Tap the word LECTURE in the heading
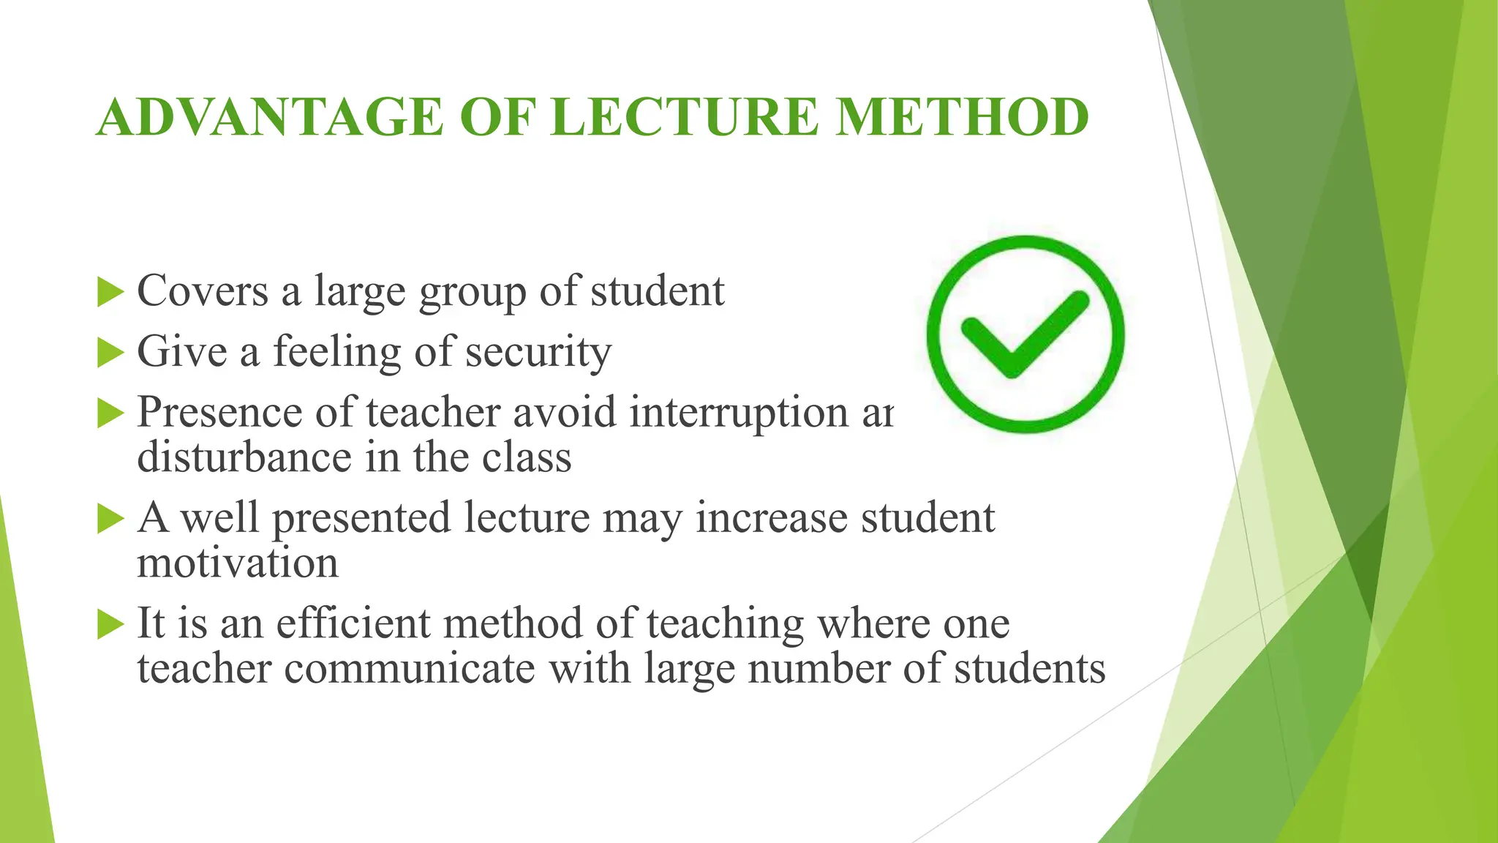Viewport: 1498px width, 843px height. [x=684, y=118]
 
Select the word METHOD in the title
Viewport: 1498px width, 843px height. [x=962, y=118]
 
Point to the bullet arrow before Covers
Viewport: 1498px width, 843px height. [x=110, y=293]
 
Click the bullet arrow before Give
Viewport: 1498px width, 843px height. [x=110, y=353]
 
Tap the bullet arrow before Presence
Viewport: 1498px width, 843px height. [x=110, y=414]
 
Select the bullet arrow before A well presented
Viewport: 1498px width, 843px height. [x=110, y=520]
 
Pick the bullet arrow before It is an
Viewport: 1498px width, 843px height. [x=110, y=625]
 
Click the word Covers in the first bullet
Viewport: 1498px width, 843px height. [x=203, y=291]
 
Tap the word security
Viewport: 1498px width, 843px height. [x=538, y=353]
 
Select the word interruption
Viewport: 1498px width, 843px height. [x=738, y=412]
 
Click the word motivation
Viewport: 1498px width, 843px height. [x=238, y=564]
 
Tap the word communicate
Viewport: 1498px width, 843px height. [x=410, y=669]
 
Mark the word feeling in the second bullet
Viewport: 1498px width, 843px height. [x=337, y=353]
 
